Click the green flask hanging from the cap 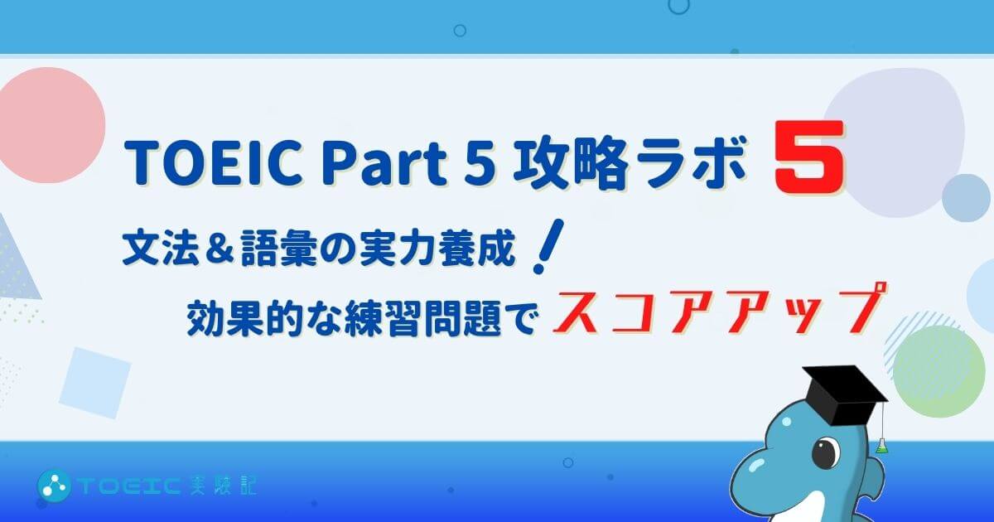tap(881, 445)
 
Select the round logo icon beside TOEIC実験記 tap(54, 485)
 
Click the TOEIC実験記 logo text tap(166, 486)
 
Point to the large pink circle tap(49, 125)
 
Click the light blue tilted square tap(95, 383)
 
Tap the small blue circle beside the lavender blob tap(966, 198)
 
